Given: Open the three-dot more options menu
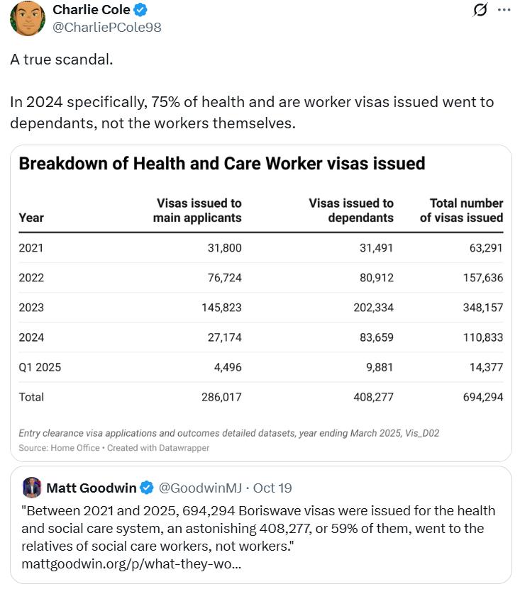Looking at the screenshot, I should click(504, 11).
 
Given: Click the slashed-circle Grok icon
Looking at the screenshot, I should click(480, 11).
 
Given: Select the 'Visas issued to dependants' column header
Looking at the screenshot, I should click(351, 211).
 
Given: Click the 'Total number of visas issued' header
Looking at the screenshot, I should click(461, 211).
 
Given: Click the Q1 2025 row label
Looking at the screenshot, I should click(40, 367).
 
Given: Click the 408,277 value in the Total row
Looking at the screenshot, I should click(373, 397).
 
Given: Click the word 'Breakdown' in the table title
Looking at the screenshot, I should click(62, 164).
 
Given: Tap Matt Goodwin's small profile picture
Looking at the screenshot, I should click(31, 488).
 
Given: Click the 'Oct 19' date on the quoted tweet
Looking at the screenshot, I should click(273, 488).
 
